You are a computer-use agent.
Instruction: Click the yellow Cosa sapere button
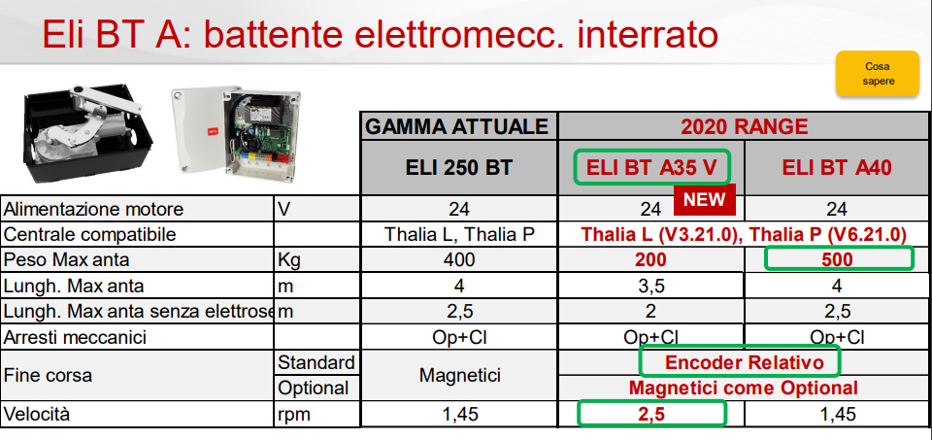[878, 74]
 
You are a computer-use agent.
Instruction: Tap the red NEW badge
[705, 200]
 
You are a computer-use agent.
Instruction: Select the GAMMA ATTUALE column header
[458, 126]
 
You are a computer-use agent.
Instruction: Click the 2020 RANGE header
[744, 126]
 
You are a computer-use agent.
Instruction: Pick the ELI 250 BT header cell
[458, 168]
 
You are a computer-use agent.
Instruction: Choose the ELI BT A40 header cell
[836, 168]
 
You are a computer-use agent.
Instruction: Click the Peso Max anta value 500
[838, 259]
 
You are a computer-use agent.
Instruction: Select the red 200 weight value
[650, 260]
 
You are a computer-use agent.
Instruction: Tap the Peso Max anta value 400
[459, 260]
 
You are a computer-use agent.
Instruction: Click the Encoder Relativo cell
[740, 361]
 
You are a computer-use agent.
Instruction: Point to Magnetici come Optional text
[744, 389]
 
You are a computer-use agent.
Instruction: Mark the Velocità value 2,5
[652, 414]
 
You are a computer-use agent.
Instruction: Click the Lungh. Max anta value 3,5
[650, 286]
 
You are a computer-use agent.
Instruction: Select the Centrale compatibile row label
[89, 234]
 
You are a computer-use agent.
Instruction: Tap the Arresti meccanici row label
[75, 338]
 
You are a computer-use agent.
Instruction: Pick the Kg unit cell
[288, 260]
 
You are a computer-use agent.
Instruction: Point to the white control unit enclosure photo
[235, 131]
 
